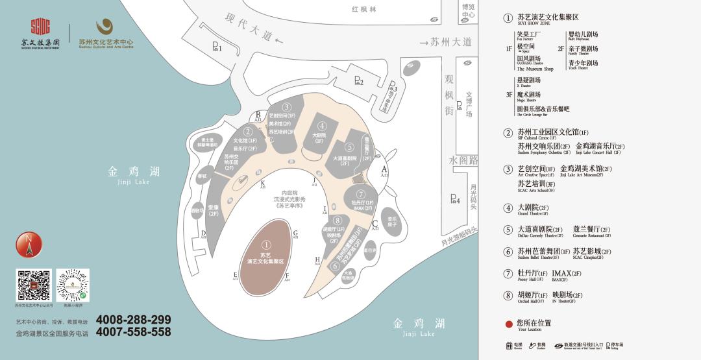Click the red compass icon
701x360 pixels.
click(x=29, y=245)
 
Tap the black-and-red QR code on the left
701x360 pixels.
click(x=33, y=285)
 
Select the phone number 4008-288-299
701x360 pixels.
click(x=133, y=319)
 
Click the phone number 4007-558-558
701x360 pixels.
click(x=133, y=332)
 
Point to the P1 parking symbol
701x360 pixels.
click(x=217, y=47)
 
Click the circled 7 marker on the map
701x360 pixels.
click(x=361, y=193)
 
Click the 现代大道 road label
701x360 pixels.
click(x=250, y=29)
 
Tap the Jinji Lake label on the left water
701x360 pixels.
click(x=134, y=175)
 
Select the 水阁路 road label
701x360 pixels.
click(x=463, y=160)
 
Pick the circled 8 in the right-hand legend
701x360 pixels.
click(x=508, y=295)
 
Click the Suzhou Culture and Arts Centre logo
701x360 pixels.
click(x=105, y=34)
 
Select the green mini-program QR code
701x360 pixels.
click(x=73, y=285)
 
